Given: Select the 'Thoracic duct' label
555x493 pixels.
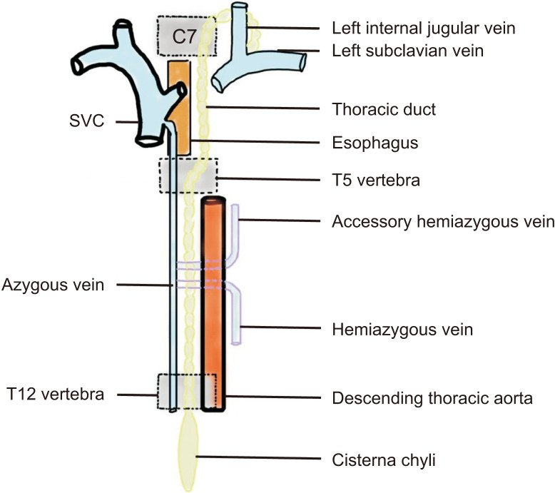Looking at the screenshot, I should pyautogui.click(x=384, y=110).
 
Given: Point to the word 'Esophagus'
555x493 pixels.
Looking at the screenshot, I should pyautogui.click(x=375, y=143).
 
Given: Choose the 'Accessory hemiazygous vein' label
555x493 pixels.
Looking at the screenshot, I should pyautogui.click(x=443, y=222).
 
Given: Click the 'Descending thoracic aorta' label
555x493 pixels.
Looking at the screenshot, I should pyautogui.click(x=432, y=398).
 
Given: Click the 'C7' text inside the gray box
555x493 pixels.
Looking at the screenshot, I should pyautogui.click(x=183, y=37).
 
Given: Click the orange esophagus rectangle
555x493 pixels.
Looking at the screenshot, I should pyautogui.click(x=178, y=107).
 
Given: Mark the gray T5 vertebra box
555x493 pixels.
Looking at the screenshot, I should pyautogui.click(x=188, y=176).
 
